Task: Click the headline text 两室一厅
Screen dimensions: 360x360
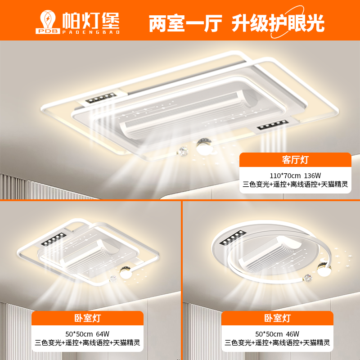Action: coord(185,23)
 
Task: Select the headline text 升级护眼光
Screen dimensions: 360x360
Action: coord(278,23)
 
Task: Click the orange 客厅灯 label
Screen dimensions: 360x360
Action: coord(295,160)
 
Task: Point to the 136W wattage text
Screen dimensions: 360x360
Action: coord(312,175)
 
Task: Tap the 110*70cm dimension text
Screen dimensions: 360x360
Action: coord(285,175)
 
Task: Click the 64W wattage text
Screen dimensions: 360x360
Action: coord(103,334)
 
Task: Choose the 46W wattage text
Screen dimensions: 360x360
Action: coord(292,334)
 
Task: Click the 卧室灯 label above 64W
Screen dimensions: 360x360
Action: coord(87,318)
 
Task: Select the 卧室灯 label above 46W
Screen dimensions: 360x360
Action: coord(277,318)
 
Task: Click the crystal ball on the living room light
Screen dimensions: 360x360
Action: coord(183,152)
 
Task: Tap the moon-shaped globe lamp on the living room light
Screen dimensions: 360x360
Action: coord(204,147)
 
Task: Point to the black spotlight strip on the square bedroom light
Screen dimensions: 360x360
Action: coord(54,239)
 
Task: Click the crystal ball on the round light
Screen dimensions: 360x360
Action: coord(308,278)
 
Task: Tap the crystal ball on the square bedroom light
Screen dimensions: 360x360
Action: coord(113,279)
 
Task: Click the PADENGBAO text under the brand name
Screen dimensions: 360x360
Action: coord(91,32)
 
